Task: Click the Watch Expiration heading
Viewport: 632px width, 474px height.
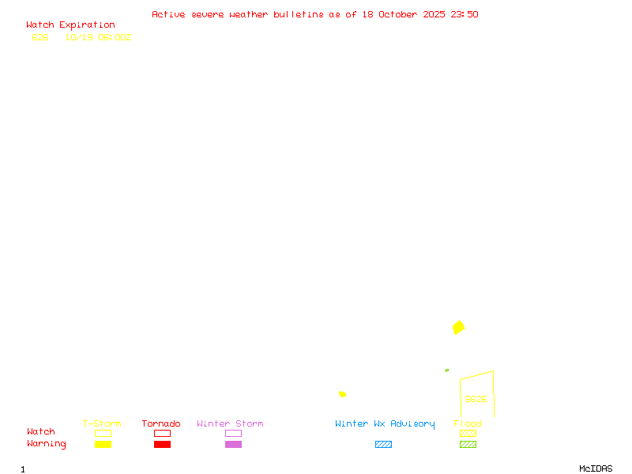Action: tap(70, 25)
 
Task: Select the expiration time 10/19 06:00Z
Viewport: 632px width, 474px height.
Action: tap(98, 37)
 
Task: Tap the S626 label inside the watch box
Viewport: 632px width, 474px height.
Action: tap(476, 399)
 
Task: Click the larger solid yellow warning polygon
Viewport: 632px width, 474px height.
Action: tap(458, 327)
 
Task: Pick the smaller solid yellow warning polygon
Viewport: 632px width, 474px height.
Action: tap(342, 394)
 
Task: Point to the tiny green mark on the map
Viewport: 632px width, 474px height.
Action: tap(447, 370)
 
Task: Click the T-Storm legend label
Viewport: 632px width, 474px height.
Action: tap(102, 424)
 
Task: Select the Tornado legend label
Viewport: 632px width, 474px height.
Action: tap(161, 424)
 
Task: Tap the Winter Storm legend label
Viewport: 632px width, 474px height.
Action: tap(230, 424)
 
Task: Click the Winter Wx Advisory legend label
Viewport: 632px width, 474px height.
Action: tap(385, 424)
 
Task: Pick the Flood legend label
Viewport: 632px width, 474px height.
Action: tap(468, 424)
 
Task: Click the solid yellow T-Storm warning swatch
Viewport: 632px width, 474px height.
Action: tap(103, 445)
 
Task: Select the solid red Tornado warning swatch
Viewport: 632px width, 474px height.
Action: tap(162, 445)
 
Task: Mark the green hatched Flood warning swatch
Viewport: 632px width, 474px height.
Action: tap(468, 445)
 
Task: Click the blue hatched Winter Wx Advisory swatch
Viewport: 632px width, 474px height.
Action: tap(383, 445)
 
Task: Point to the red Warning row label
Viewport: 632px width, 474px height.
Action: tap(47, 444)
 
